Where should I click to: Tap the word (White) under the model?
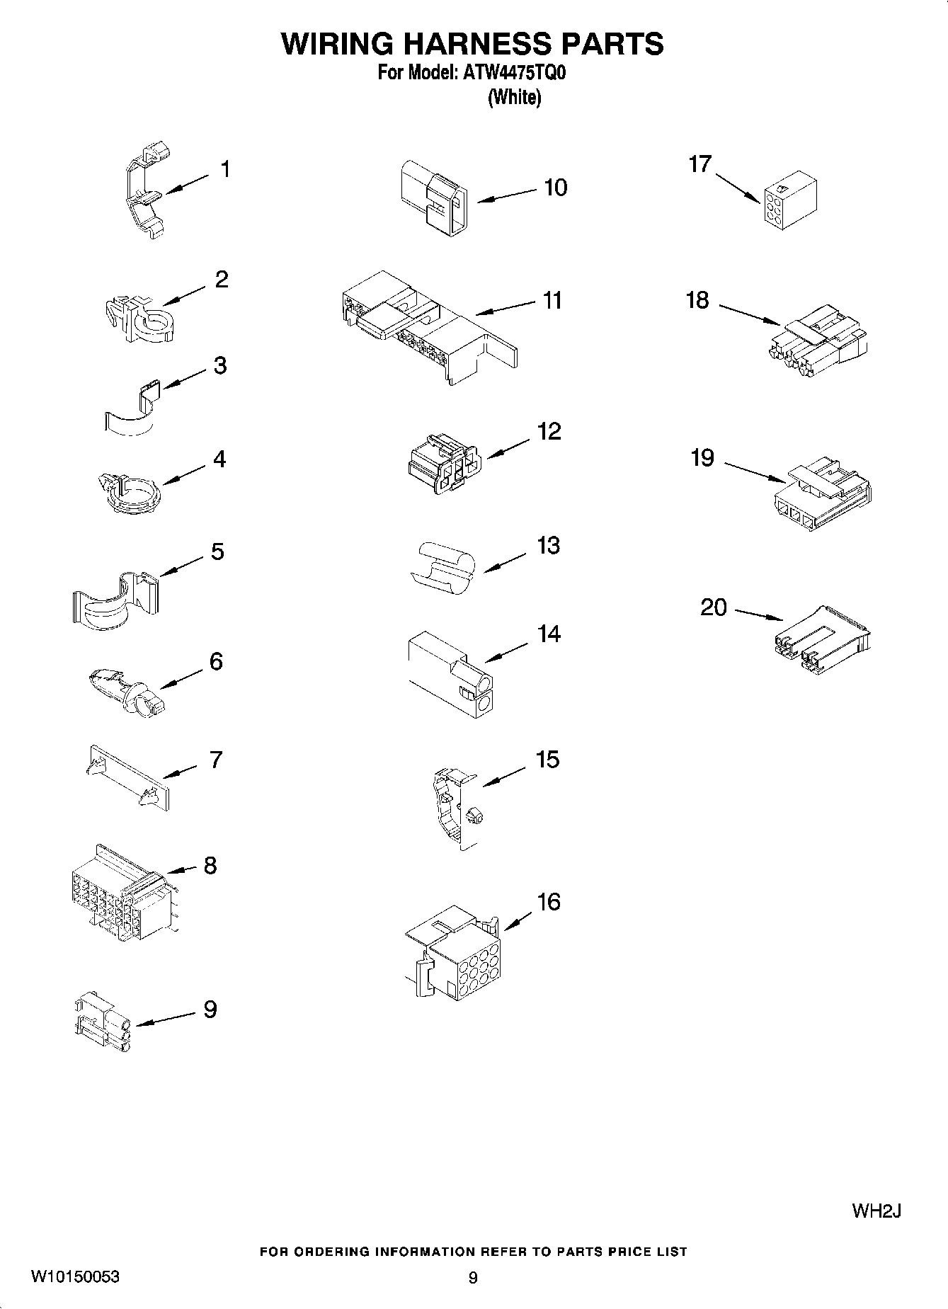pos(514,97)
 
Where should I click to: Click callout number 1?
pos(224,169)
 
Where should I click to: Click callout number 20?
pos(714,607)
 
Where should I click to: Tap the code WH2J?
pos(876,1211)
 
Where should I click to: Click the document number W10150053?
pos(75,1277)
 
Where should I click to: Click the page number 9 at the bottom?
pos(473,1278)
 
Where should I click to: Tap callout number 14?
pos(549,634)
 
